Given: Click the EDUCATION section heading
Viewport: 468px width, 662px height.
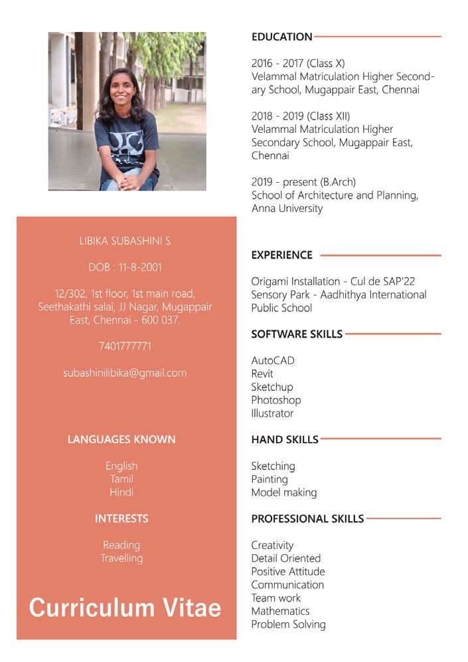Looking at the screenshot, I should [281, 37].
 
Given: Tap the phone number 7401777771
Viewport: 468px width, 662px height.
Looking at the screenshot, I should [125, 346].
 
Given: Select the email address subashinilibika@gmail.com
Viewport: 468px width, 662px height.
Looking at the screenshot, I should [125, 373].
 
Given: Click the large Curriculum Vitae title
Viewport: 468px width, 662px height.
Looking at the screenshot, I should [125, 607].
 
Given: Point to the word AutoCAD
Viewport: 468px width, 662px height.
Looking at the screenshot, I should [272, 360].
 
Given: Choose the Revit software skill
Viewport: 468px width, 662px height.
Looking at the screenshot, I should [262, 374].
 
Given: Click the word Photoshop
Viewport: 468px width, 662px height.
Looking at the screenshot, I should [275, 400].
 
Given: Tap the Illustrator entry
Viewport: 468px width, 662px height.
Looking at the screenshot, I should [272, 413].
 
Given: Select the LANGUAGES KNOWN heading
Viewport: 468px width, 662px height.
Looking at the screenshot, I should [121, 439].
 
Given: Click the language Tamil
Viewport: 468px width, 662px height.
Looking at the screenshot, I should [121, 479].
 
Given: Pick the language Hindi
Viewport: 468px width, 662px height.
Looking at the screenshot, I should [121, 493].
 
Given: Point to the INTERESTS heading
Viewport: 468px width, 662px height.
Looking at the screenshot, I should [121, 518].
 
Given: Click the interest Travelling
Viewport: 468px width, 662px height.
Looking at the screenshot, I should [121, 558].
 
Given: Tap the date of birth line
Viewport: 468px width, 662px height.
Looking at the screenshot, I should [125, 267].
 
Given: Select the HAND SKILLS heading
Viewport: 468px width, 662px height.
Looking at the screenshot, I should [284, 439].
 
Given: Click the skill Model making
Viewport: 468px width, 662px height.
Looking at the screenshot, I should [283, 493].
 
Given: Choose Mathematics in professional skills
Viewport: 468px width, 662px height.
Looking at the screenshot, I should [280, 611].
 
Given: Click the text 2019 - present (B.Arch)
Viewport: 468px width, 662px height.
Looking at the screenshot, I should [303, 182].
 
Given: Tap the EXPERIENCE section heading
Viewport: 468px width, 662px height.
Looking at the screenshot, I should [281, 255].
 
